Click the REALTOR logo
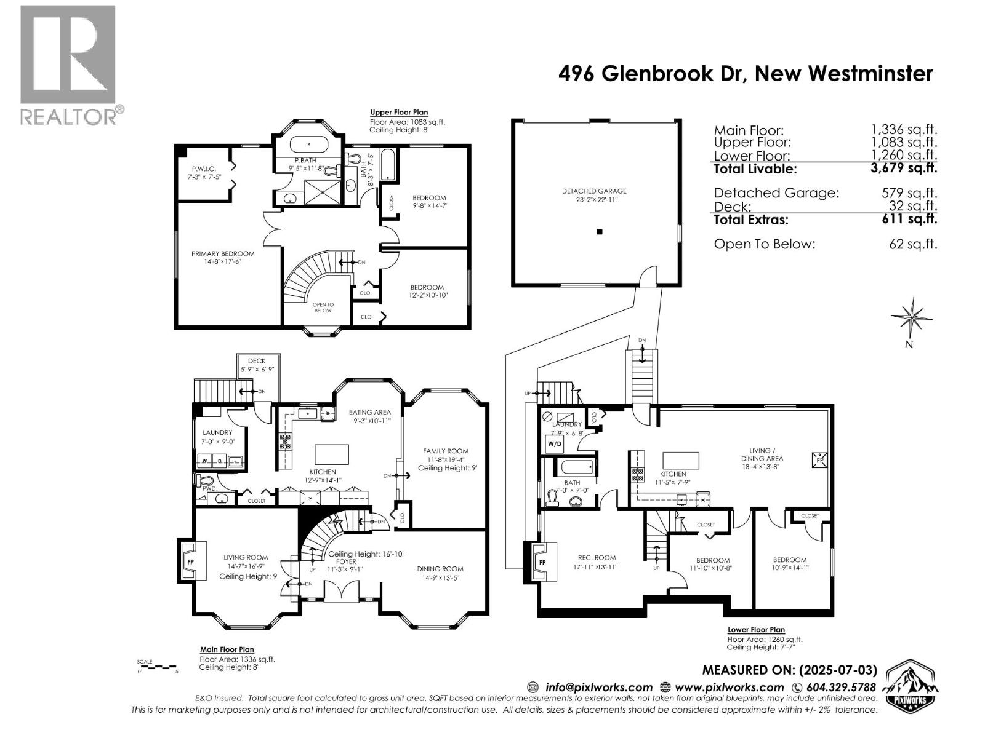[68, 64]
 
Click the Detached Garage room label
[594, 196]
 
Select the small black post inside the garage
[600, 232]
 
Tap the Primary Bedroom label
[223, 257]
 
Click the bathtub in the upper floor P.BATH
[308, 146]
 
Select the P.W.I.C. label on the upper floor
[203, 172]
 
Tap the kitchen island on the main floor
[331, 454]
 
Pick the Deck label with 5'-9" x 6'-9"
[257, 365]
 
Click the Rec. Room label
[597, 562]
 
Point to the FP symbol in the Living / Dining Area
[820, 459]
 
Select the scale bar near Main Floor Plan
[158, 667]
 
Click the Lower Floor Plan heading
[756, 630]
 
